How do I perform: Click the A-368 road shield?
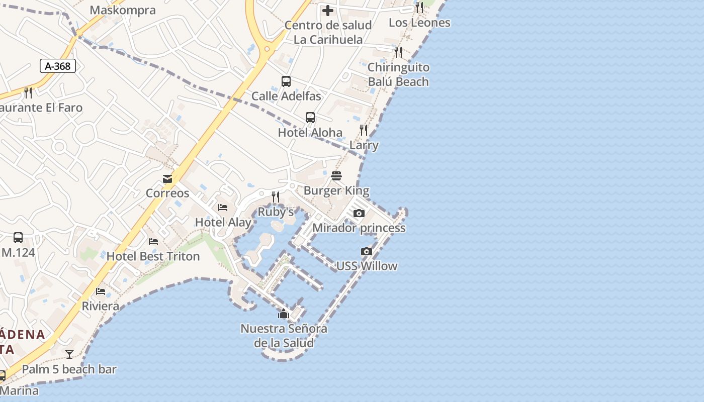click(57, 66)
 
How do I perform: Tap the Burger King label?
click(336, 190)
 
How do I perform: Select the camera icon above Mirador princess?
click(359, 213)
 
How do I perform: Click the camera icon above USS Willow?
click(367, 251)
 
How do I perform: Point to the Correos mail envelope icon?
click(167, 179)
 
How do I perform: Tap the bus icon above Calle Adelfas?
click(286, 81)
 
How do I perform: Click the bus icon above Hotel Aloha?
click(310, 118)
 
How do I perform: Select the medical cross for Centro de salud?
click(328, 10)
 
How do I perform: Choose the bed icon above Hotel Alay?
click(223, 207)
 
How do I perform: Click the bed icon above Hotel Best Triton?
click(153, 242)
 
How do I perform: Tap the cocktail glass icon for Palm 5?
click(69, 354)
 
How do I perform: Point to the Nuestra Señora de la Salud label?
click(284, 336)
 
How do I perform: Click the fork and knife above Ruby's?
click(276, 197)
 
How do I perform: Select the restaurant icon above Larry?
click(364, 130)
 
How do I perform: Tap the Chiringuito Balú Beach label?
click(398, 74)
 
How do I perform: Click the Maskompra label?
click(123, 10)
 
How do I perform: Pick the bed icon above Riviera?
click(101, 291)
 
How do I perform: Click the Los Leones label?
click(419, 23)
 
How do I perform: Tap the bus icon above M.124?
click(18, 237)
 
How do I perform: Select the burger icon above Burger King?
click(336, 176)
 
